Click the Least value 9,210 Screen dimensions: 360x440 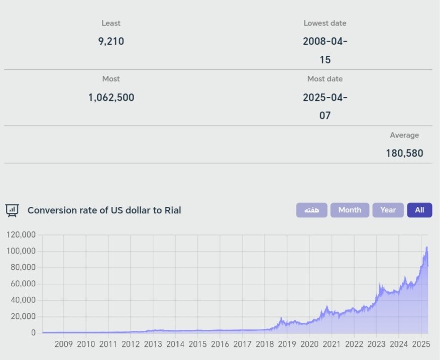coord(111,41)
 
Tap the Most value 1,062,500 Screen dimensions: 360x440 coord(111,97)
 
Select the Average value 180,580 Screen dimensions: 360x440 coord(404,153)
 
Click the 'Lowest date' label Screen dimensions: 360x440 coord(325,23)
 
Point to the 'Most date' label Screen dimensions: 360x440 coord(325,79)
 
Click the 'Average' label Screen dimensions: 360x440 coord(404,135)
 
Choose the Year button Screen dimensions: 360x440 coord(388,210)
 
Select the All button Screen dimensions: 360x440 coord(419,210)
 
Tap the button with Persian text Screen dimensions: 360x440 coord(311,210)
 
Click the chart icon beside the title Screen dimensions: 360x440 coord(12,210)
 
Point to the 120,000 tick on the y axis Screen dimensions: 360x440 coord(21,235)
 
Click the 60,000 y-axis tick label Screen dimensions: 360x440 coord(23,284)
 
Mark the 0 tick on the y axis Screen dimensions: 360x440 coord(33,332)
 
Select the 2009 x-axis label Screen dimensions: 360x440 coord(63,344)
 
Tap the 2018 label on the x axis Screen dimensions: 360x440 coord(265,344)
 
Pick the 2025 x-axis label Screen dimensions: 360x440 coord(421,344)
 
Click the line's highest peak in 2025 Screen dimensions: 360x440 coord(426,247)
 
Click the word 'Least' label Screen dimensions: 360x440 coord(111,23)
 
